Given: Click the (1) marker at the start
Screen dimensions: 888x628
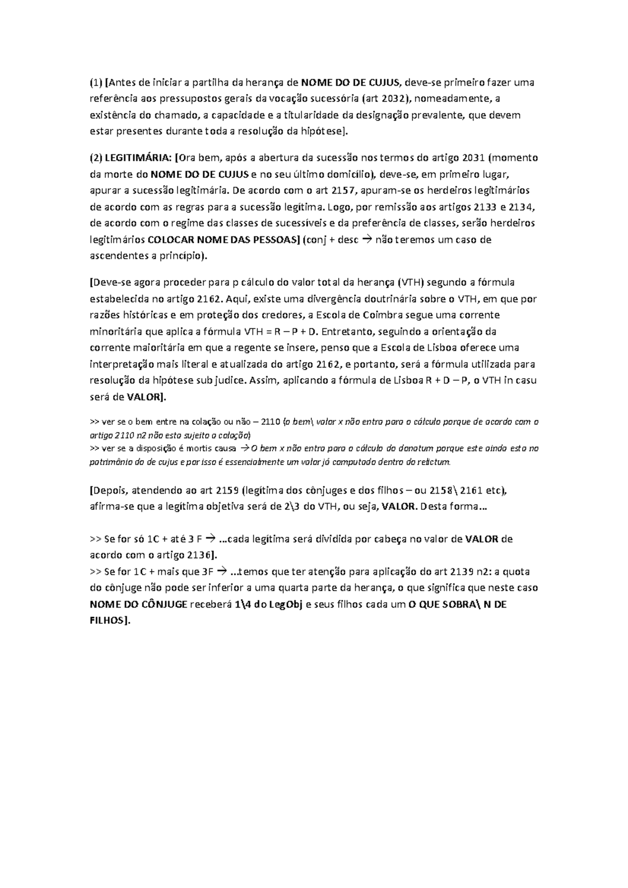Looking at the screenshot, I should coord(96,82).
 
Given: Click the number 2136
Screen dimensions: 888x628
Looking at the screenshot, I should coord(193,554).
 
